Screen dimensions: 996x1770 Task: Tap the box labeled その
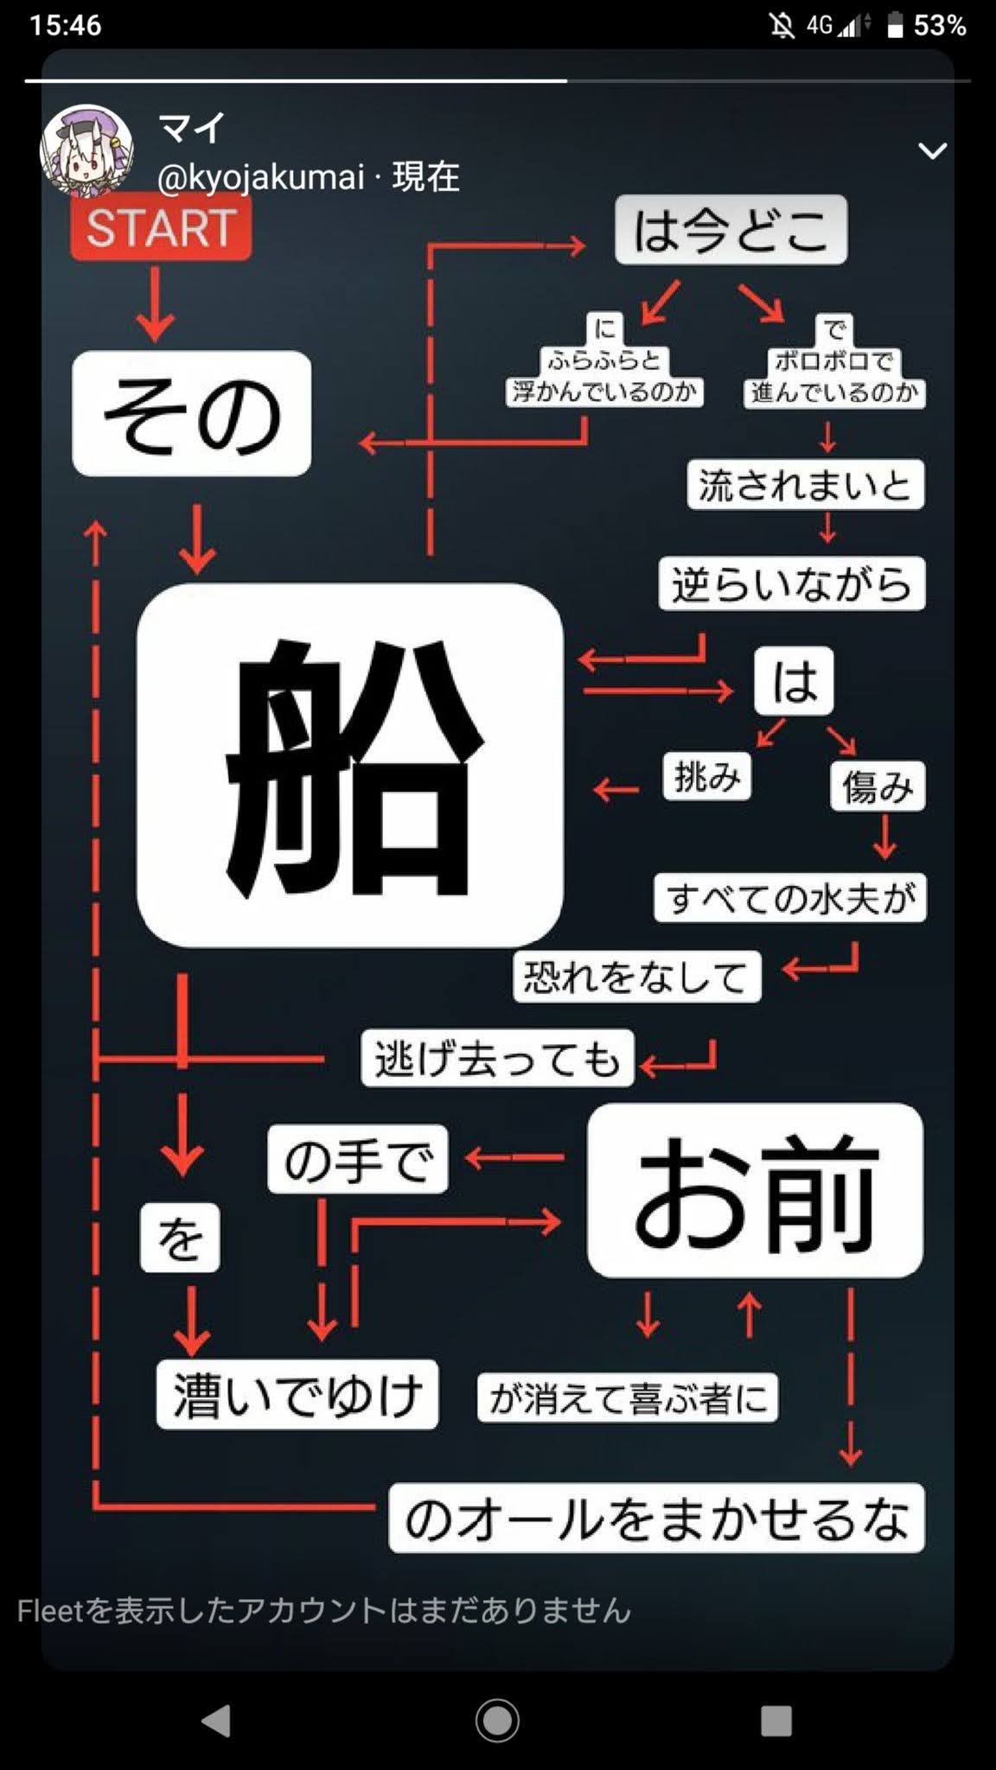pyautogui.click(x=191, y=413)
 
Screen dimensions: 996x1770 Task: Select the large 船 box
pyautogui.click(x=350, y=765)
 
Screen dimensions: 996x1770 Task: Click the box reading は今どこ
pyautogui.click(x=731, y=230)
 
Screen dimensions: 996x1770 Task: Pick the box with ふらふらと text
pyautogui.click(x=603, y=361)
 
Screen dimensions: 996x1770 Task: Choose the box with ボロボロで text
pyautogui.click(x=833, y=362)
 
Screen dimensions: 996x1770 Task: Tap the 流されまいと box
pyautogui.click(x=805, y=485)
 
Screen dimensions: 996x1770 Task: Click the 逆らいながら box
pyautogui.click(x=791, y=584)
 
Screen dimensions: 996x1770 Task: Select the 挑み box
pyautogui.click(x=707, y=776)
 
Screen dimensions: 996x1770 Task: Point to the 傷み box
pyautogui.click(x=878, y=786)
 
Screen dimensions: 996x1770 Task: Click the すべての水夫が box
pyautogui.click(x=790, y=898)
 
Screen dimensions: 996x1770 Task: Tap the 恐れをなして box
pyautogui.click(x=636, y=977)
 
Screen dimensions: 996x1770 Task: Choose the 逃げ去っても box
pyautogui.click(x=497, y=1058)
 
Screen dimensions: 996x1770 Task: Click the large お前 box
pyautogui.click(x=755, y=1190)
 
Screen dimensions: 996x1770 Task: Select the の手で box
pyautogui.click(x=358, y=1159)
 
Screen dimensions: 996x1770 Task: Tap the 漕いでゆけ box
pyautogui.click(x=297, y=1395)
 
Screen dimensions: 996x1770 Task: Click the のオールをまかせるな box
pyautogui.click(x=656, y=1519)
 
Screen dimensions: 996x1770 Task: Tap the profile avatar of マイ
pyautogui.click(x=86, y=149)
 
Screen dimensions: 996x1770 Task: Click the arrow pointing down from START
pyautogui.click(x=156, y=303)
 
